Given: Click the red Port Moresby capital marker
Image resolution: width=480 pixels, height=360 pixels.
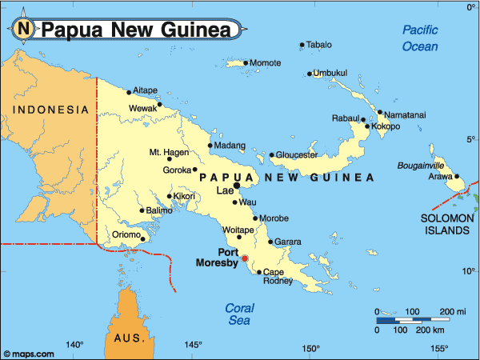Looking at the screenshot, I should click(246, 258).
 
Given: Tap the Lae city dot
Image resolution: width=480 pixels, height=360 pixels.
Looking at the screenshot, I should click(237, 186).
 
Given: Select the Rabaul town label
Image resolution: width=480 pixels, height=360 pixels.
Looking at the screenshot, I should click(346, 118).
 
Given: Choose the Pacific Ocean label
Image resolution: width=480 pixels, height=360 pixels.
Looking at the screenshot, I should click(420, 38).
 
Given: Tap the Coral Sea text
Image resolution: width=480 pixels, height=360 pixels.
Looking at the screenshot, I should click(239, 314).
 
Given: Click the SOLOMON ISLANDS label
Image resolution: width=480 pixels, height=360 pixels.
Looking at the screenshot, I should click(446, 224).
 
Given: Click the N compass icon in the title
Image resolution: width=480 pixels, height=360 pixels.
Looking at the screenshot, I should click(24, 29).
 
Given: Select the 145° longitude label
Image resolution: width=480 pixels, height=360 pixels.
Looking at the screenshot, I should click(193, 346).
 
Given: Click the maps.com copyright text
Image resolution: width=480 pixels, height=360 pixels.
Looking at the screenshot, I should click(29, 353).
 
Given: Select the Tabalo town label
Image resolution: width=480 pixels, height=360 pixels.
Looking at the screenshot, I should click(319, 45).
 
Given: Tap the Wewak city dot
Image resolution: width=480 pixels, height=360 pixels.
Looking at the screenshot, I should click(159, 104).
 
